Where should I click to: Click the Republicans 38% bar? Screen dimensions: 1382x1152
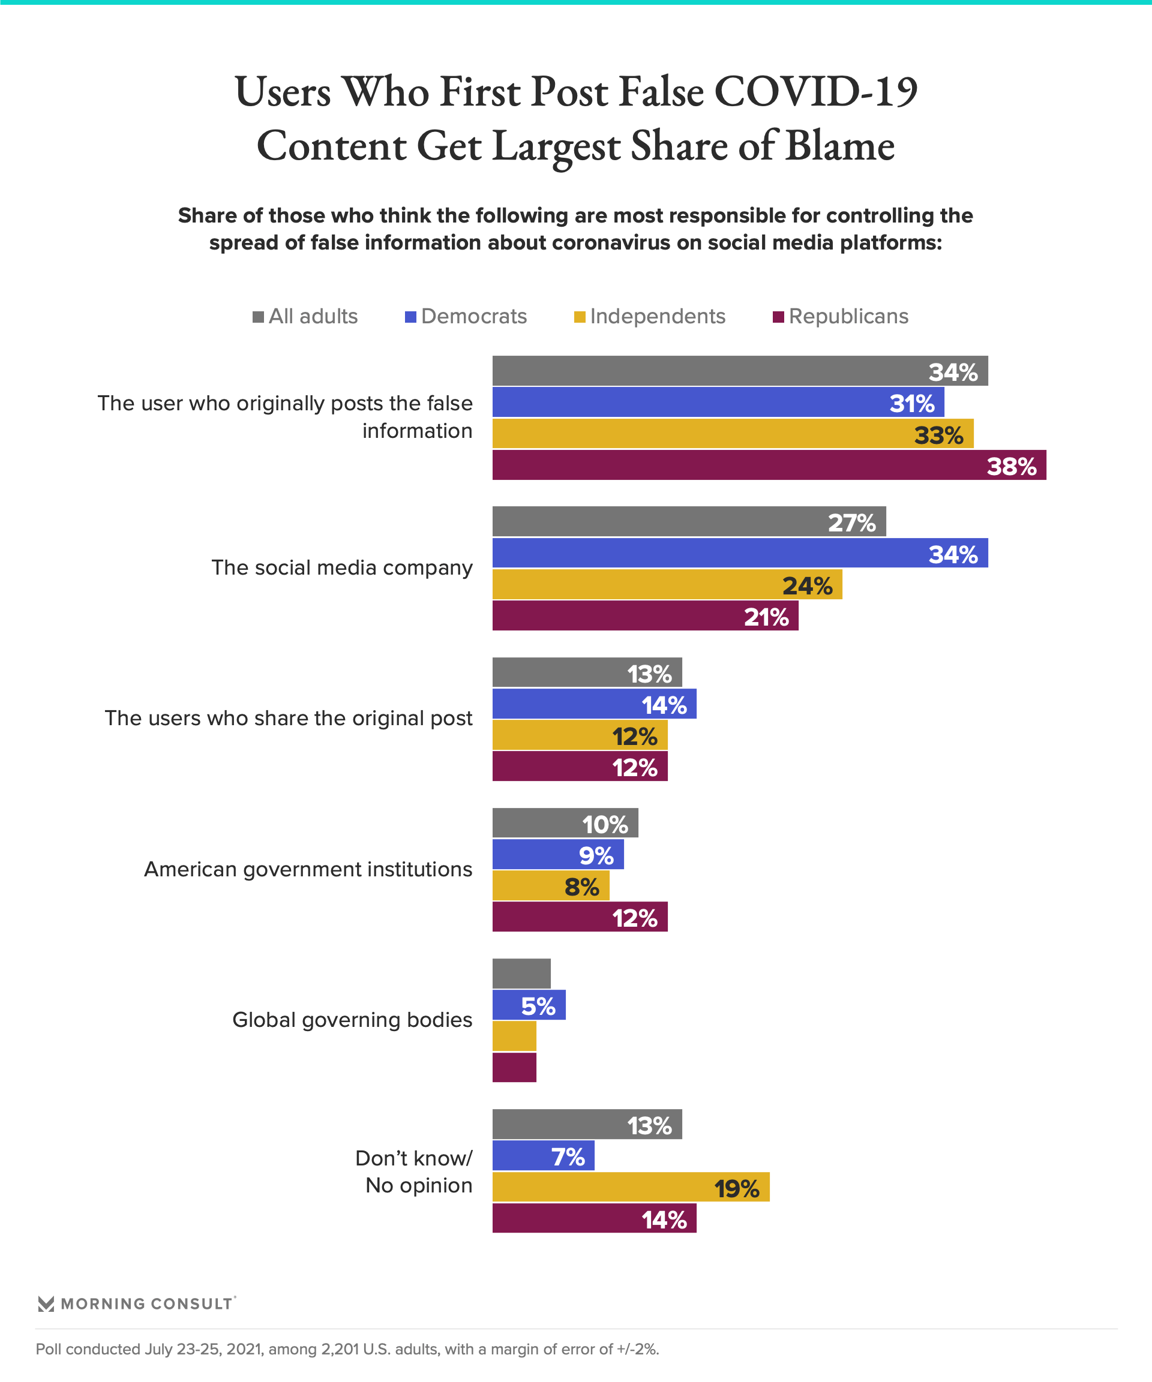point(769,465)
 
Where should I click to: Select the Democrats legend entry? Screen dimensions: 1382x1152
point(466,317)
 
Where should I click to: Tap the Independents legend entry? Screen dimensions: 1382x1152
point(649,317)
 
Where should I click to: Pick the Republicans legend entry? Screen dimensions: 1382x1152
point(840,317)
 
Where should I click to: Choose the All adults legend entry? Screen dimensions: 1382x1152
point(305,317)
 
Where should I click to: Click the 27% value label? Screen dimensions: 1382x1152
point(851,523)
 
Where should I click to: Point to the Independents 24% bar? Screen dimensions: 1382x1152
point(667,584)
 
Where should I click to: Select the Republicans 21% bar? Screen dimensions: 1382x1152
point(645,616)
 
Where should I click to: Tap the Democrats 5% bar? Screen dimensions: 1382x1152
point(529,1005)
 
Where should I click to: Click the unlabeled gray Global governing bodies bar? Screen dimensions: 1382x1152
point(521,974)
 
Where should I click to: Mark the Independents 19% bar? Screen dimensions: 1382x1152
point(631,1187)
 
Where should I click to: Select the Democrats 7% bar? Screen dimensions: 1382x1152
point(543,1156)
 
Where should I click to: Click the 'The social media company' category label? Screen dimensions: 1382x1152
point(341,568)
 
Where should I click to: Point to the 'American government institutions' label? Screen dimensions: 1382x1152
point(308,869)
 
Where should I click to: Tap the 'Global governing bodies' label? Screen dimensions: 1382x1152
point(352,1020)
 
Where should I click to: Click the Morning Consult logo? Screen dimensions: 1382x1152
point(136,1303)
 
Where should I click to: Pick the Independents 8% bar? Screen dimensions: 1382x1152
point(550,886)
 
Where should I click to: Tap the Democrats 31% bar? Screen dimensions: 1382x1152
point(718,402)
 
